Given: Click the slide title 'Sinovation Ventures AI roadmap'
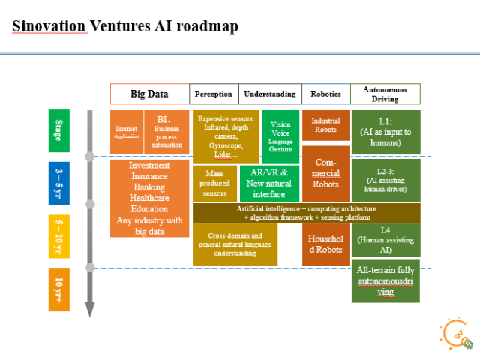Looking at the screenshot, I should (125, 27).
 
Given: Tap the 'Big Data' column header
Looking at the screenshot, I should (149, 94).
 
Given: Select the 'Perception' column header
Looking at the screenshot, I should (214, 94).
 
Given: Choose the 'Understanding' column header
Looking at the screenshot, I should (269, 94).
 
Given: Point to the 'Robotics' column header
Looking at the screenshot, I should (325, 94).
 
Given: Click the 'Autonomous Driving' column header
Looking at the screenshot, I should (385, 94).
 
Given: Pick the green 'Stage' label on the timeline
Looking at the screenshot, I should (59, 130).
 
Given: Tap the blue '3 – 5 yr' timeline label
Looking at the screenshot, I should (59, 184).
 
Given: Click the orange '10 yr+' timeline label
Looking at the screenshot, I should (59, 289).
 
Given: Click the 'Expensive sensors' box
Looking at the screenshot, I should (226, 136).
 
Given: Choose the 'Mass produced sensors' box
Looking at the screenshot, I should (214, 184).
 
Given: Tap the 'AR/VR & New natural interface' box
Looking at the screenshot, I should (268, 184).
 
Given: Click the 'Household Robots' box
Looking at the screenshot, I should (325, 244).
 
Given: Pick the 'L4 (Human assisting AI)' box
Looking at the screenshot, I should (385, 240).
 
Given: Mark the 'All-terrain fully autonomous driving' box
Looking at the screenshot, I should (385, 280).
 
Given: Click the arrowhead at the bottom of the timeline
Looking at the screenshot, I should (90, 308).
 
